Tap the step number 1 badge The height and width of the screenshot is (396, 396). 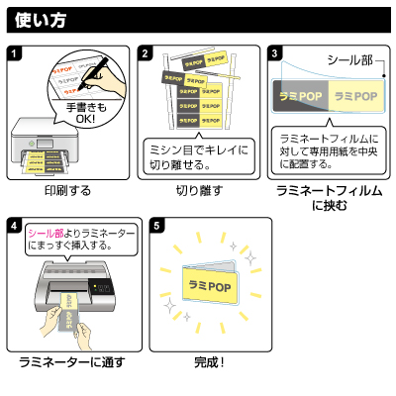pyautogui.click(x=14, y=52)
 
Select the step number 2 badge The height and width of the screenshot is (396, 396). pyautogui.click(x=146, y=52)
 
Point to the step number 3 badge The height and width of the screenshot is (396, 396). pyautogui.click(x=275, y=52)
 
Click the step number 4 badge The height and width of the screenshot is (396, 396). pyautogui.click(x=14, y=226)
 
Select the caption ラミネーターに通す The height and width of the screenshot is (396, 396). pyautogui.click(x=72, y=363)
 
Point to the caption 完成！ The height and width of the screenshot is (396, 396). pyautogui.click(x=209, y=363)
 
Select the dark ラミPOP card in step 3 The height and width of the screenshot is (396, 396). pyautogui.click(x=299, y=97)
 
